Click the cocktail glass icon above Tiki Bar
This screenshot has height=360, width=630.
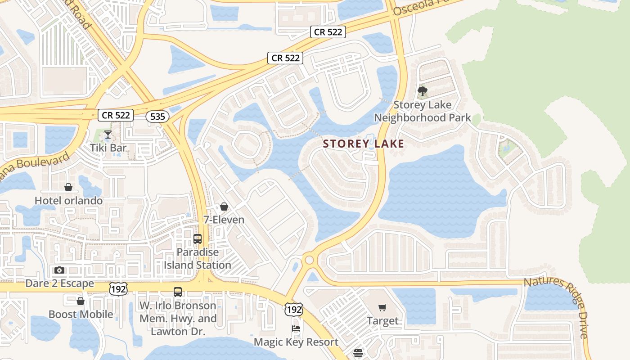click(108, 134)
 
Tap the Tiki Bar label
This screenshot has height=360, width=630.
click(108, 147)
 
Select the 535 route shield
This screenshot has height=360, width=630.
click(157, 117)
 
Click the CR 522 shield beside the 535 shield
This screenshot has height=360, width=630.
click(116, 115)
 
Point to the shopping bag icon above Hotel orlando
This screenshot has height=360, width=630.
click(68, 187)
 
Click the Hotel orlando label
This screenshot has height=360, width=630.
click(68, 200)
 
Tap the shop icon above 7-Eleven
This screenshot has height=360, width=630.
click(224, 207)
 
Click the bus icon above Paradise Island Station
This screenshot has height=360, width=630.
click(198, 239)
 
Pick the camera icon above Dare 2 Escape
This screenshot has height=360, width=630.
click(59, 270)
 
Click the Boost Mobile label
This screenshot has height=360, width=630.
click(81, 314)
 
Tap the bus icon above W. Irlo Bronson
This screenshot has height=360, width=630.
click(178, 292)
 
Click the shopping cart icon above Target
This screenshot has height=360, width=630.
click(382, 308)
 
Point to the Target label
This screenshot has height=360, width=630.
click(382, 321)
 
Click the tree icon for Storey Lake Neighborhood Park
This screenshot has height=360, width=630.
click(422, 92)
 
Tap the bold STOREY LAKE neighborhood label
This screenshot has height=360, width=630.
click(364, 144)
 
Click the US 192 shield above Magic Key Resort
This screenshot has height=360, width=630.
click(293, 310)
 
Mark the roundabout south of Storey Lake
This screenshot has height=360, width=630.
click(309, 260)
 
